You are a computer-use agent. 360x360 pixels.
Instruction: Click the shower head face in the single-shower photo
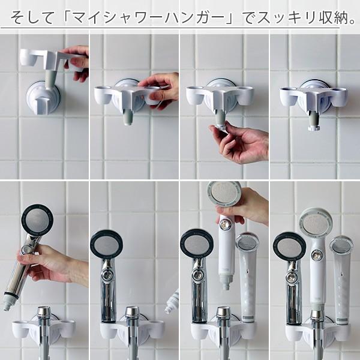click(x=106, y=245)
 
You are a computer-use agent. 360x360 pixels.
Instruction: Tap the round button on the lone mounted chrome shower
click(x=107, y=276)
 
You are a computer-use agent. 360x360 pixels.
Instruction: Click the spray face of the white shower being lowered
click(x=224, y=194)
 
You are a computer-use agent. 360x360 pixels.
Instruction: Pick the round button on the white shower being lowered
click(x=226, y=224)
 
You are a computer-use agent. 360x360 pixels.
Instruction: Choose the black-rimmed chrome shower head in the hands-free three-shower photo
click(x=289, y=247)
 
